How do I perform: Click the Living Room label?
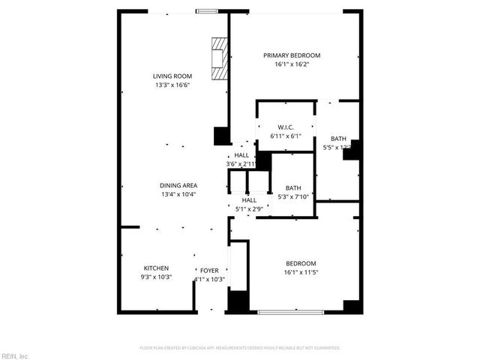tap(172, 76)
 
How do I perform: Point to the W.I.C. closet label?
tap(285, 127)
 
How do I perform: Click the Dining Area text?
tap(178, 185)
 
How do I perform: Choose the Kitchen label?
tap(156, 268)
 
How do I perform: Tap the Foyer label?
tap(209, 270)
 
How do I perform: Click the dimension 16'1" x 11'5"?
tap(301, 273)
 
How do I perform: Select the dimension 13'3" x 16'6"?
tap(172, 85)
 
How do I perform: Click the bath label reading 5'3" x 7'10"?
tap(292, 197)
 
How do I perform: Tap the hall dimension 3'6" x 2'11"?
tap(241, 164)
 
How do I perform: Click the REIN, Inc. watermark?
tap(15, 355)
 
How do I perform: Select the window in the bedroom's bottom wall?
tap(291, 311)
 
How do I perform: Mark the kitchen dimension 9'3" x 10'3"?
tap(156, 277)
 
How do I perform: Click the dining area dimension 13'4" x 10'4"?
tap(178, 195)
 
